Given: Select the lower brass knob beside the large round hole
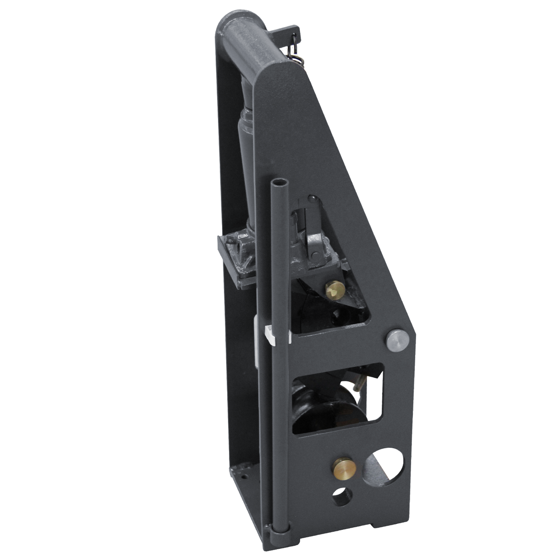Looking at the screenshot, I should tap(345, 468).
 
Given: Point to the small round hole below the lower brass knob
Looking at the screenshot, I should tap(342, 497).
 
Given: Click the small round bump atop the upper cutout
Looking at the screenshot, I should tap(312, 198).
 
